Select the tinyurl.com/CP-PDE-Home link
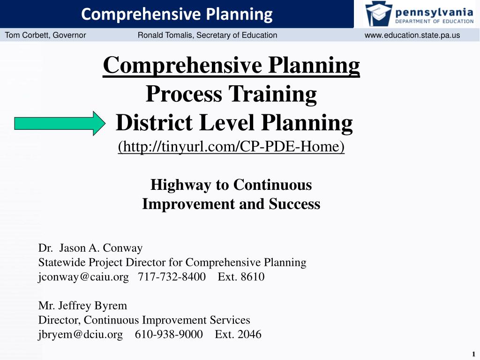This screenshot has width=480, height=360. (231, 147)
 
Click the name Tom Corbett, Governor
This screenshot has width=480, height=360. (45, 35)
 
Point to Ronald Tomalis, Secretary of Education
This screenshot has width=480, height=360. (207, 35)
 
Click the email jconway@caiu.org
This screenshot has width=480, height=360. (83, 277)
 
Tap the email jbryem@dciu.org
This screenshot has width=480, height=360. (80, 334)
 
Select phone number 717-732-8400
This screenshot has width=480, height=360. (172, 277)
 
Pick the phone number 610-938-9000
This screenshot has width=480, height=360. (169, 334)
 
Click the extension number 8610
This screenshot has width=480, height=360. (253, 277)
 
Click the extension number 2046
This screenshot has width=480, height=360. (249, 334)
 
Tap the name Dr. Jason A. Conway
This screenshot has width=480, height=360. (90, 248)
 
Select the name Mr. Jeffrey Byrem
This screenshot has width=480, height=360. (82, 306)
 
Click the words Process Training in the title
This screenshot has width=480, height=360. (231, 94)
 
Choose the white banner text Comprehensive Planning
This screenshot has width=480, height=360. (177, 15)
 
